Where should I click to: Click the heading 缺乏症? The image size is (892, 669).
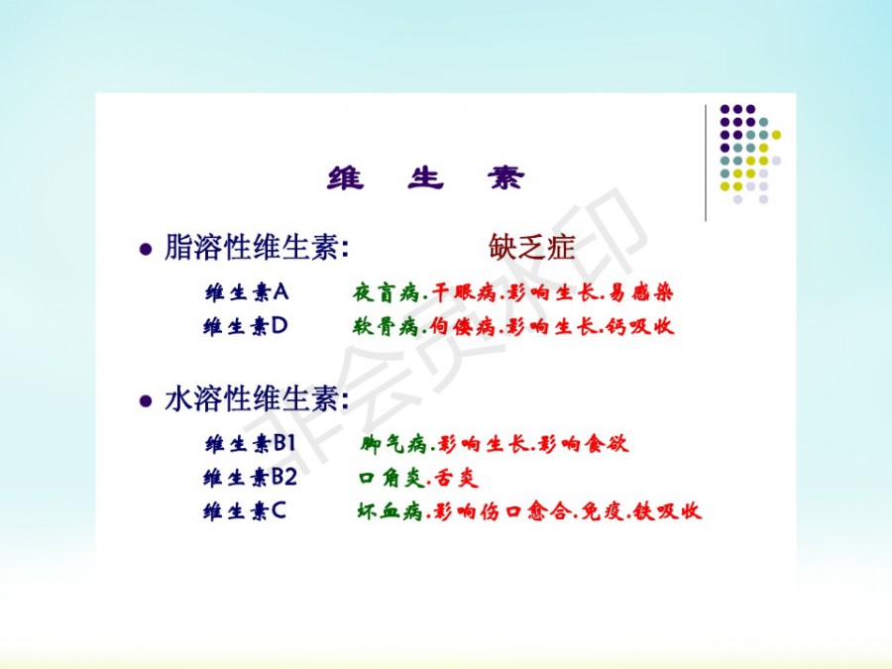pyautogui.click(x=531, y=247)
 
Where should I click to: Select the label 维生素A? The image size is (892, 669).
pyautogui.click(x=247, y=292)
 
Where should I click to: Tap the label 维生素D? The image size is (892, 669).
pyautogui.click(x=246, y=326)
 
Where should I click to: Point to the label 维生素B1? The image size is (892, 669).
pyautogui.click(x=251, y=443)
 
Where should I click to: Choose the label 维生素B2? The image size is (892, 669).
pyautogui.click(x=251, y=477)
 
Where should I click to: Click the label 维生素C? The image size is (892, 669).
pyautogui.click(x=245, y=510)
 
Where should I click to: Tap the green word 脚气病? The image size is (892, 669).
pyautogui.click(x=393, y=443)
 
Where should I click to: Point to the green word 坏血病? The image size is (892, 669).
pyautogui.click(x=390, y=510)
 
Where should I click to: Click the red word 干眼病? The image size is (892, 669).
pyautogui.click(x=464, y=292)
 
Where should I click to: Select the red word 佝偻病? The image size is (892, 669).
pyautogui.click(x=463, y=326)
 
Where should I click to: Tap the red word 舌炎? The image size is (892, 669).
pyautogui.click(x=456, y=478)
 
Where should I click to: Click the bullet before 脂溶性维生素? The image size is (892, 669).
pyautogui.click(x=147, y=249)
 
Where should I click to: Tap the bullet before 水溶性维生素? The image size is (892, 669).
pyautogui.click(x=147, y=400)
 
